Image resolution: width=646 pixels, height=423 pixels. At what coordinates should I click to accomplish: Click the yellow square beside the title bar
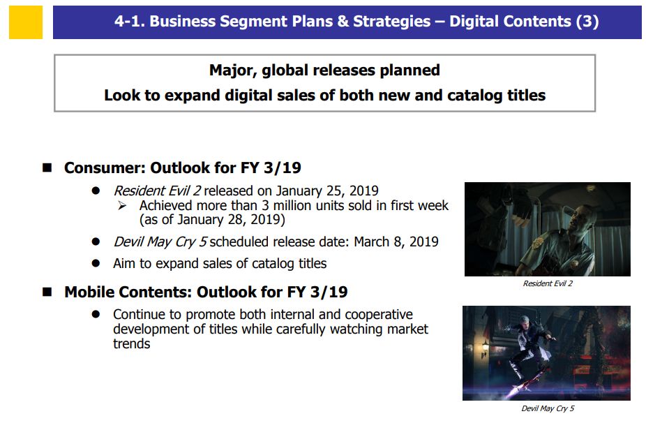(x=26, y=22)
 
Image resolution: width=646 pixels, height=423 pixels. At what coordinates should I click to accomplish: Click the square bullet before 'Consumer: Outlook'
(x=47, y=168)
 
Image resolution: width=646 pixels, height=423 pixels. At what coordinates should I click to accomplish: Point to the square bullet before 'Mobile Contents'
(x=47, y=292)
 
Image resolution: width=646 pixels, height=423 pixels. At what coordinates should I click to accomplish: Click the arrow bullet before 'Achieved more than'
(x=122, y=205)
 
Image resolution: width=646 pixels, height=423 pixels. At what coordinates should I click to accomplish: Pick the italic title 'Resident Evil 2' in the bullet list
(x=158, y=191)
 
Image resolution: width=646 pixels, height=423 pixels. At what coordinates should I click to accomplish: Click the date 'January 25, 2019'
(x=327, y=191)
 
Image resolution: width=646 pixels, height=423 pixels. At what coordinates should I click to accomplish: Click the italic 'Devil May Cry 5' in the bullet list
(x=160, y=242)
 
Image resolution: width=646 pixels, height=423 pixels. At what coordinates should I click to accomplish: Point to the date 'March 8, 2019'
(x=396, y=242)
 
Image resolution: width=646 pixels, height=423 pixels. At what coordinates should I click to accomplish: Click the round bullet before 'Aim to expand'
(x=96, y=263)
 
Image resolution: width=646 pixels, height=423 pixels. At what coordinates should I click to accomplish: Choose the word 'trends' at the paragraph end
(x=132, y=344)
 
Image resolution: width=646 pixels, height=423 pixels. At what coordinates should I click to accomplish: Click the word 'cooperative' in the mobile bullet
(x=379, y=315)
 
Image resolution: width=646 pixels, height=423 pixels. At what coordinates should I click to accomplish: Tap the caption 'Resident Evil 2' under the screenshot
(x=548, y=283)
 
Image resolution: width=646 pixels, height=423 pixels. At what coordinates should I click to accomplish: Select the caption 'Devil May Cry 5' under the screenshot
(x=548, y=408)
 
